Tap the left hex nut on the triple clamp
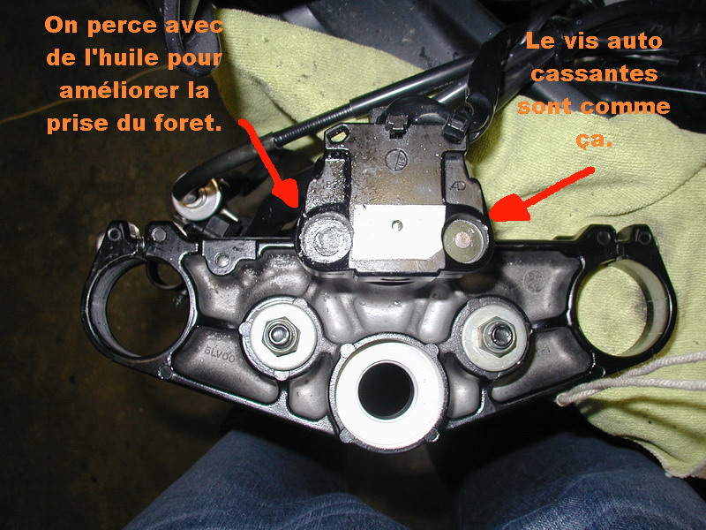click(280, 334)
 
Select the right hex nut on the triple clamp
click(496, 335)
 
